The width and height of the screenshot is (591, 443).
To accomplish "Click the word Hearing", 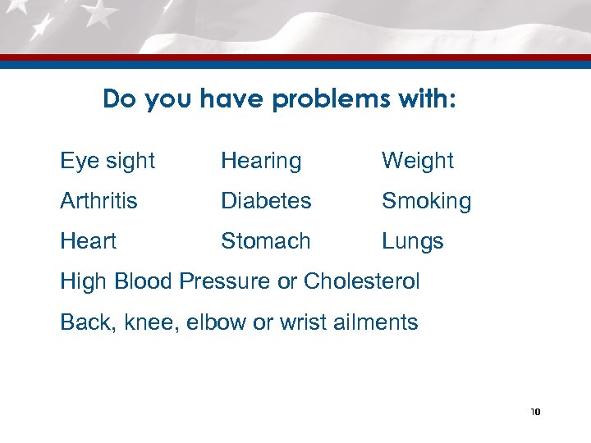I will (x=261, y=162).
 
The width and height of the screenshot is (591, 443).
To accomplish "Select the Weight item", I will (x=417, y=162).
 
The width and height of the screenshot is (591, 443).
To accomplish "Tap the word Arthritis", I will (x=99, y=201).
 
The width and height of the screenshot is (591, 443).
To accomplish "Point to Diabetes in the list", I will (x=266, y=201).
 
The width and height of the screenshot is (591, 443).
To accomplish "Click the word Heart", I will (x=88, y=241).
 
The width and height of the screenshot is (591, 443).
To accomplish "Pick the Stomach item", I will (x=266, y=241).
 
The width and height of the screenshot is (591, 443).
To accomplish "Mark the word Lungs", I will (x=412, y=242).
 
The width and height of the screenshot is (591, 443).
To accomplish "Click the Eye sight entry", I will (x=108, y=162).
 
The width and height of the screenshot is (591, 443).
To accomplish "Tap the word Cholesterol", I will (x=361, y=281).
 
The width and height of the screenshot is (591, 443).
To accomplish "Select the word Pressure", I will (x=225, y=281).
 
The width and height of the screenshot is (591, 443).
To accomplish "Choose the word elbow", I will (x=216, y=322).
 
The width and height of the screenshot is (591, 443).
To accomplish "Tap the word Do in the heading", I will (x=117, y=100).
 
